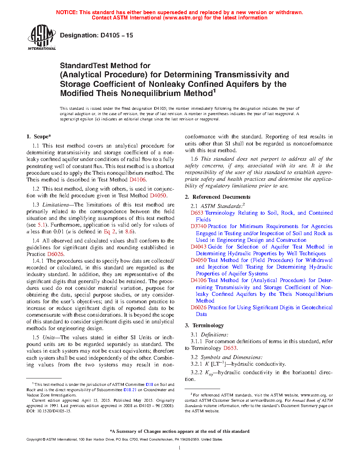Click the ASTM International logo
point(41,37)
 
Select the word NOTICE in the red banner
point(66,12)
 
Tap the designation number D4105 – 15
point(116,35)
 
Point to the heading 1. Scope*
point(39,137)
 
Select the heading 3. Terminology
point(204,325)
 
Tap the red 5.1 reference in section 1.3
point(41,225)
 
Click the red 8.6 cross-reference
point(129,232)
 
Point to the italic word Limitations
point(55,205)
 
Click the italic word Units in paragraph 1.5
point(49,337)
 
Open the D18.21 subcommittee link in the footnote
point(130,390)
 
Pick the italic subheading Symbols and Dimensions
point(232,357)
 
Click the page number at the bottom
point(180,448)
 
